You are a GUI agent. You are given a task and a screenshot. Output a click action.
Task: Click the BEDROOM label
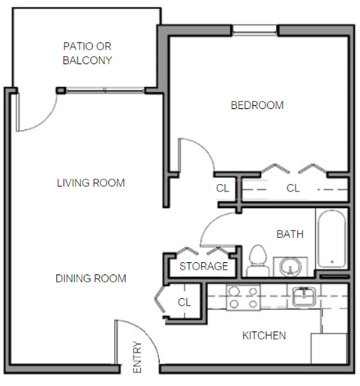click(x=256, y=106)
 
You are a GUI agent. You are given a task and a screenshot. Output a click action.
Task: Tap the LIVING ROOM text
click(x=91, y=183)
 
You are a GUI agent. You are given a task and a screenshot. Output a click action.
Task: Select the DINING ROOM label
click(x=91, y=279)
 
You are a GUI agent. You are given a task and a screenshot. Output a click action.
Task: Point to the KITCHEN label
click(x=263, y=336)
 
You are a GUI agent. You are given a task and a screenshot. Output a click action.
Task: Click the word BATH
click(x=290, y=235)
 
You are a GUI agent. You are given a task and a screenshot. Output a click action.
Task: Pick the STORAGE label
click(x=203, y=267)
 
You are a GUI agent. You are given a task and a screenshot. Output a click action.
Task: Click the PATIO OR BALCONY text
click(x=88, y=53)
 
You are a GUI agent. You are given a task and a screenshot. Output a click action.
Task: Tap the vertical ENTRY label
click(x=137, y=358)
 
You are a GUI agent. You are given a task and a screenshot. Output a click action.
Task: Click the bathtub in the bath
click(x=331, y=238)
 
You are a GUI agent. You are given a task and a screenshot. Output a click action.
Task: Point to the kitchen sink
click(x=303, y=297)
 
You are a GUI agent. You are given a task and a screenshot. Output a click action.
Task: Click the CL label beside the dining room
click(x=184, y=302)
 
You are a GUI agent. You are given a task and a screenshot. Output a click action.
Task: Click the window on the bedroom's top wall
click(x=255, y=30)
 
